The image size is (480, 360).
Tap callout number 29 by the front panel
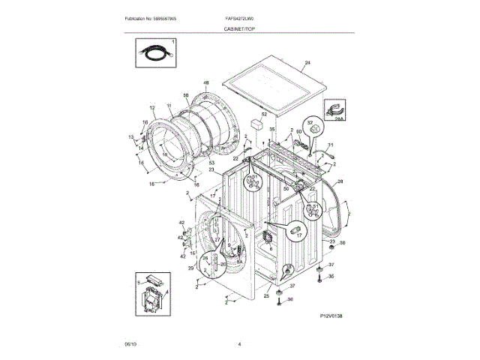pyautogui.click(x=190, y=268)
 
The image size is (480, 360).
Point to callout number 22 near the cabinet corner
pyautogui.click(x=235, y=158)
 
